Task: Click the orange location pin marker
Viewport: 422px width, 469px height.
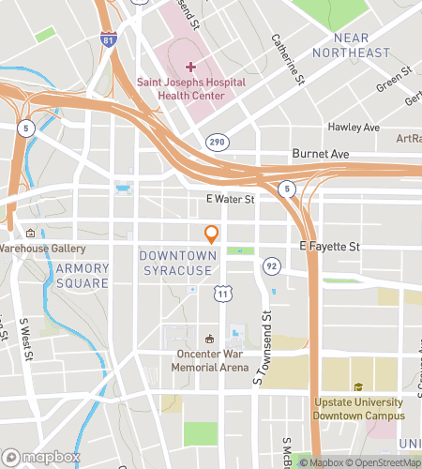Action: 212,234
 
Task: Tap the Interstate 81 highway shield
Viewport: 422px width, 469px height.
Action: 111,41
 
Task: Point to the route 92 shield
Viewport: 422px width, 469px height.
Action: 272,265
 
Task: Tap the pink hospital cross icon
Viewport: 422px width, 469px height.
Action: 191,66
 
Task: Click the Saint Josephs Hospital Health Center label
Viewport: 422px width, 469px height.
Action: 192,89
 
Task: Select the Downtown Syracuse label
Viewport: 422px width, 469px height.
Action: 189,263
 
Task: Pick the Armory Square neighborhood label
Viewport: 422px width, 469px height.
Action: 83,276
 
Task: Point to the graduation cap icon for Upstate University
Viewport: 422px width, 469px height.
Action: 357,387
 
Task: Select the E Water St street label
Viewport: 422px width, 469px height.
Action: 230,200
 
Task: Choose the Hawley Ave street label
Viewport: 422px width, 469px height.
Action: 354,127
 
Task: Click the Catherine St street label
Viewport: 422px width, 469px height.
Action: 286,58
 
